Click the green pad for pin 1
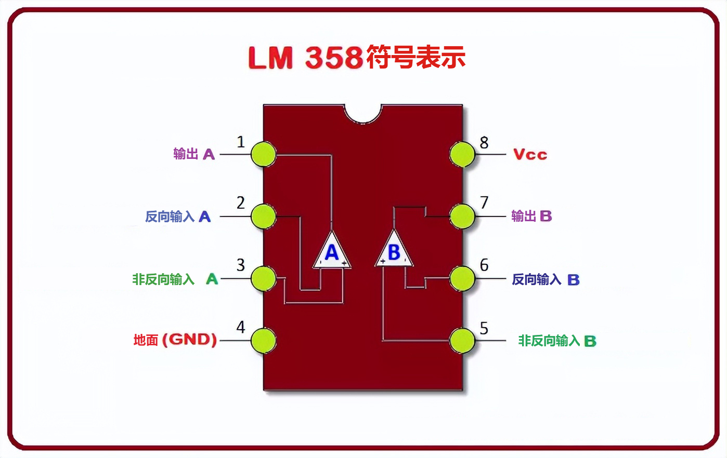[x=263, y=154]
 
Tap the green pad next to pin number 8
[x=462, y=154]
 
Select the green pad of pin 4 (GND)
[x=263, y=341]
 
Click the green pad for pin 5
[x=462, y=341]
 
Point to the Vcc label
[x=530, y=155]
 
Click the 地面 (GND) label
[x=175, y=340]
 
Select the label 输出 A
[x=193, y=154]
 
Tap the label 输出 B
[x=531, y=216]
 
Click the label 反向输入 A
[x=178, y=217]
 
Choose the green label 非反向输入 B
[x=556, y=341]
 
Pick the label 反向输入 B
[x=545, y=279]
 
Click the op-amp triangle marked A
[x=332, y=252]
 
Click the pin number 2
[x=241, y=203]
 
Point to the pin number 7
[x=484, y=203]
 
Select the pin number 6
[x=484, y=265]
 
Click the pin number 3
[x=241, y=265]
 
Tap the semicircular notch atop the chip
[x=363, y=113]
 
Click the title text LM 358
[x=305, y=58]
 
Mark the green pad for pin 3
[x=263, y=278]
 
